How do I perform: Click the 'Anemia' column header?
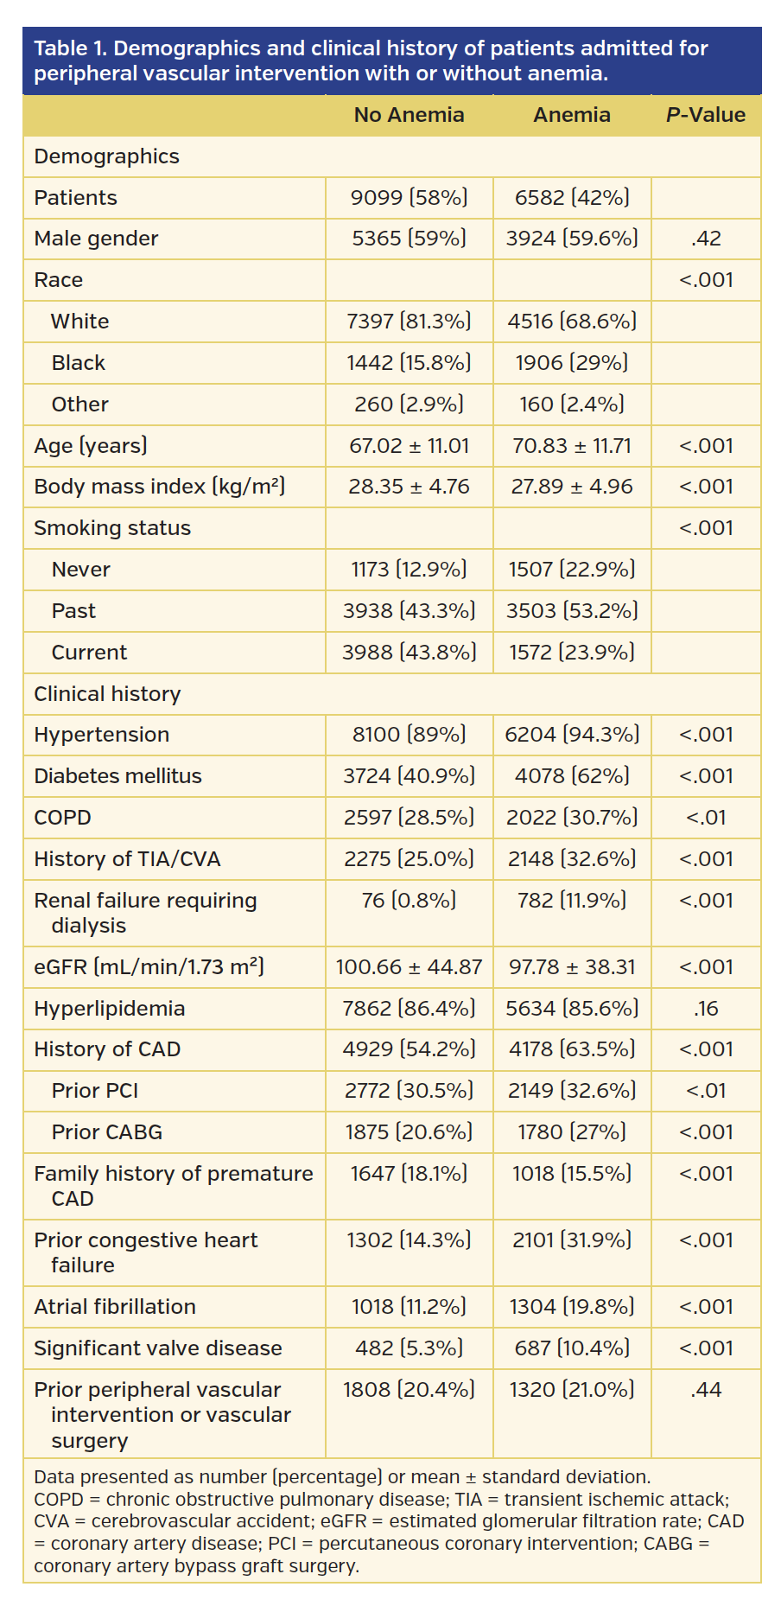click(571, 115)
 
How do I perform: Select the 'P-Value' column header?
click(705, 115)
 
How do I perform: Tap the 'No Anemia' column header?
click(409, 115)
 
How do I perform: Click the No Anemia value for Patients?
click(409, 198)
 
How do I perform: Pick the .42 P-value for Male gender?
click(706, 239)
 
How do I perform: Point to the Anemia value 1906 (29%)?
click(571, 363)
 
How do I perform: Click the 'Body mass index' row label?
click(159, 487)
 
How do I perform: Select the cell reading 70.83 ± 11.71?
click(571, 446)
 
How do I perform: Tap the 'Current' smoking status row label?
click(89, 653)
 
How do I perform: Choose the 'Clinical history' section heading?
click(107, 694)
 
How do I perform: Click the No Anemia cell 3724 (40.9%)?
click(409, 776)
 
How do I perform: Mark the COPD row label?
click(62, 818)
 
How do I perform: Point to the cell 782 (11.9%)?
click(571, 901)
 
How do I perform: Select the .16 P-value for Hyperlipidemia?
click(706, 1009)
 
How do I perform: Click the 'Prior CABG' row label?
click(106, 1132)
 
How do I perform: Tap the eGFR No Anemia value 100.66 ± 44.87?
click(409, 967)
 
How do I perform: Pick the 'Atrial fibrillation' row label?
click(115, 1307)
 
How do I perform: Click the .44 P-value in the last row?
click(706, 1390)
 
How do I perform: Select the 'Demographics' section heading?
click(106, 156)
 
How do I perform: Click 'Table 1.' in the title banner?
click(70, 48)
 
